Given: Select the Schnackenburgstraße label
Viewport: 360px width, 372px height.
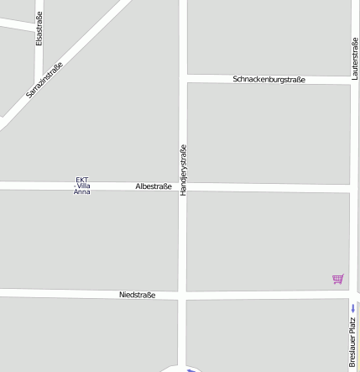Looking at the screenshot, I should point(269,79).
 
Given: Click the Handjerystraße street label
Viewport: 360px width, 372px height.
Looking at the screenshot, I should point(183,170).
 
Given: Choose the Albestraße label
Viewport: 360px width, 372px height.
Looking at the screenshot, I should point(154,186).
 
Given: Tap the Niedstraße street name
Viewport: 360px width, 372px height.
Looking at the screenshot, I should point(137,295).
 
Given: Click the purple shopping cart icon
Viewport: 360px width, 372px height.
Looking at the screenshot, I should point(337,279).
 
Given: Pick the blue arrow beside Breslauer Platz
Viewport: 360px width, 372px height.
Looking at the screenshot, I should point(352,308).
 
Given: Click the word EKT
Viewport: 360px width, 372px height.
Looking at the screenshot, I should point(82,180).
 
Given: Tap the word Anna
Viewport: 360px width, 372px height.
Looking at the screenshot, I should point(82,192).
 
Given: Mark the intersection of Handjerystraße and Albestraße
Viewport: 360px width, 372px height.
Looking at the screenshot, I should point(183,186).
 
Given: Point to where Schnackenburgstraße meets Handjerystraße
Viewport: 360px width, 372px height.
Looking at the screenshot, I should point(183,78).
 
